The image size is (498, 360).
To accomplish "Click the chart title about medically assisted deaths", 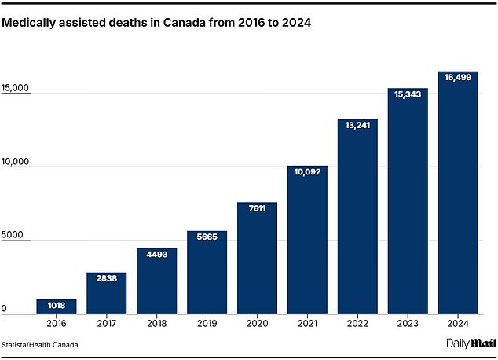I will click(157, 24).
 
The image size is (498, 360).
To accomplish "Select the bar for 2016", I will click(56, 307).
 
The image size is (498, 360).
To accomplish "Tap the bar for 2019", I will click(207, 272).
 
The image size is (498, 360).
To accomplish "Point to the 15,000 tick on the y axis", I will click(15, 89).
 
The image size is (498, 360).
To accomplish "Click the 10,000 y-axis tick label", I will click(15, 162).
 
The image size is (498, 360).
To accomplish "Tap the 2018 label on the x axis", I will click(156, 323).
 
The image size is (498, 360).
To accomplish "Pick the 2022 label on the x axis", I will click(357, 323).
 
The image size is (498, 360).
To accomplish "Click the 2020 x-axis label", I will click(257, 323).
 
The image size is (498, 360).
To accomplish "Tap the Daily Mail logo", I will click(469, 343).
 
